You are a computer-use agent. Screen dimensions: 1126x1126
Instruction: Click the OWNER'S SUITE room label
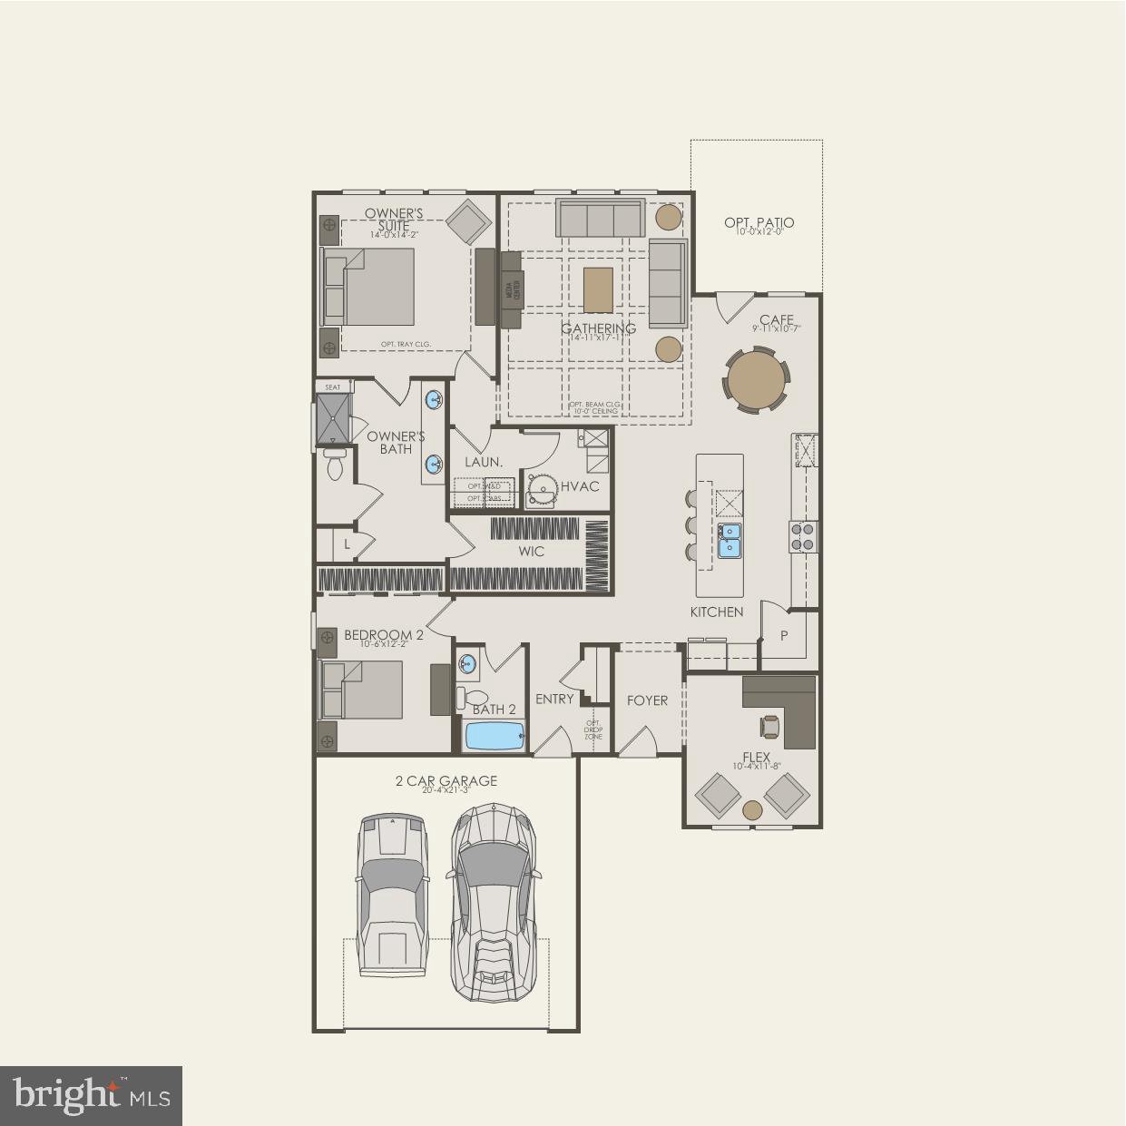[x=394, y=220]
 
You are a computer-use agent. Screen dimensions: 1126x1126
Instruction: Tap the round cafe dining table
[x=756, y=381]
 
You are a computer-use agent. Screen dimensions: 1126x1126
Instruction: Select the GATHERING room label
[x=598, y=328]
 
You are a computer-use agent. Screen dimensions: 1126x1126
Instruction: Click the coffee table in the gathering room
[x=598, y=289]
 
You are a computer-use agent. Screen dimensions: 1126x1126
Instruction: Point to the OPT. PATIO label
[x=759, y=222]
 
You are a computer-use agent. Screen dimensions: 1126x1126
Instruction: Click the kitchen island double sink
[x=729, y=539]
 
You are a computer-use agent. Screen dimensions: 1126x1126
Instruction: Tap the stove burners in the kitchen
[x=804, y=536]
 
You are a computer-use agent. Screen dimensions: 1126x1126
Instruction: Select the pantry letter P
[x=785, y=636]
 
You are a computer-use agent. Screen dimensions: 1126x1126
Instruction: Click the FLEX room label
[x=756, y=757]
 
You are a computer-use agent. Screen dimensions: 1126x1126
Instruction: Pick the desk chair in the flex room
[x=770, y=725]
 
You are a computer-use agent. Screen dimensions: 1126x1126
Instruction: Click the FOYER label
[x=647, y=700]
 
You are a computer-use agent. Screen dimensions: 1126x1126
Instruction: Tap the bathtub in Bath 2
[x=495, y=735]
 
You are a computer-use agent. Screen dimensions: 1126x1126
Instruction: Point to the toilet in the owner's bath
[x=335, y=465]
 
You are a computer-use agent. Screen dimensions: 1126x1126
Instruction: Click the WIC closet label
[x=531, y=552]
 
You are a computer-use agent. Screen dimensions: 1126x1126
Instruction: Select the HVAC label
[x=580, y=486]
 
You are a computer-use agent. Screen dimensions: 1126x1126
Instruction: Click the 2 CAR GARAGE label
[x=446, y=780]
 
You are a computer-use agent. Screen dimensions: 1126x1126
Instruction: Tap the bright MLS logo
[x=91, y=1095]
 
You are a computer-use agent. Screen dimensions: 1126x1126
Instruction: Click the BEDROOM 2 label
[x=383, y=635]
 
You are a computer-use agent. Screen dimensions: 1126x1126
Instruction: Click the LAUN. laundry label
[x=484, y=462]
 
